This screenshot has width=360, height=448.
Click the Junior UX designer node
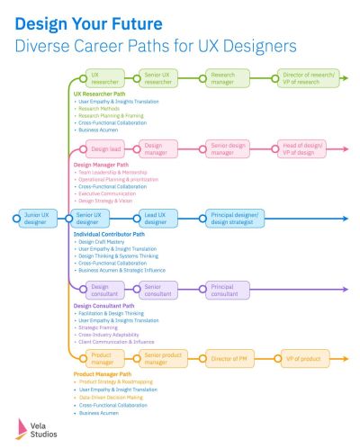(x=36, y=218)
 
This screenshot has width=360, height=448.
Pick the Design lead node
(x=105, y=149)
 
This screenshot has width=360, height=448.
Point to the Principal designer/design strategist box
(x=236, y=218)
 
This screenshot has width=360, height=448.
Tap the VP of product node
(x=305, y=358)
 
